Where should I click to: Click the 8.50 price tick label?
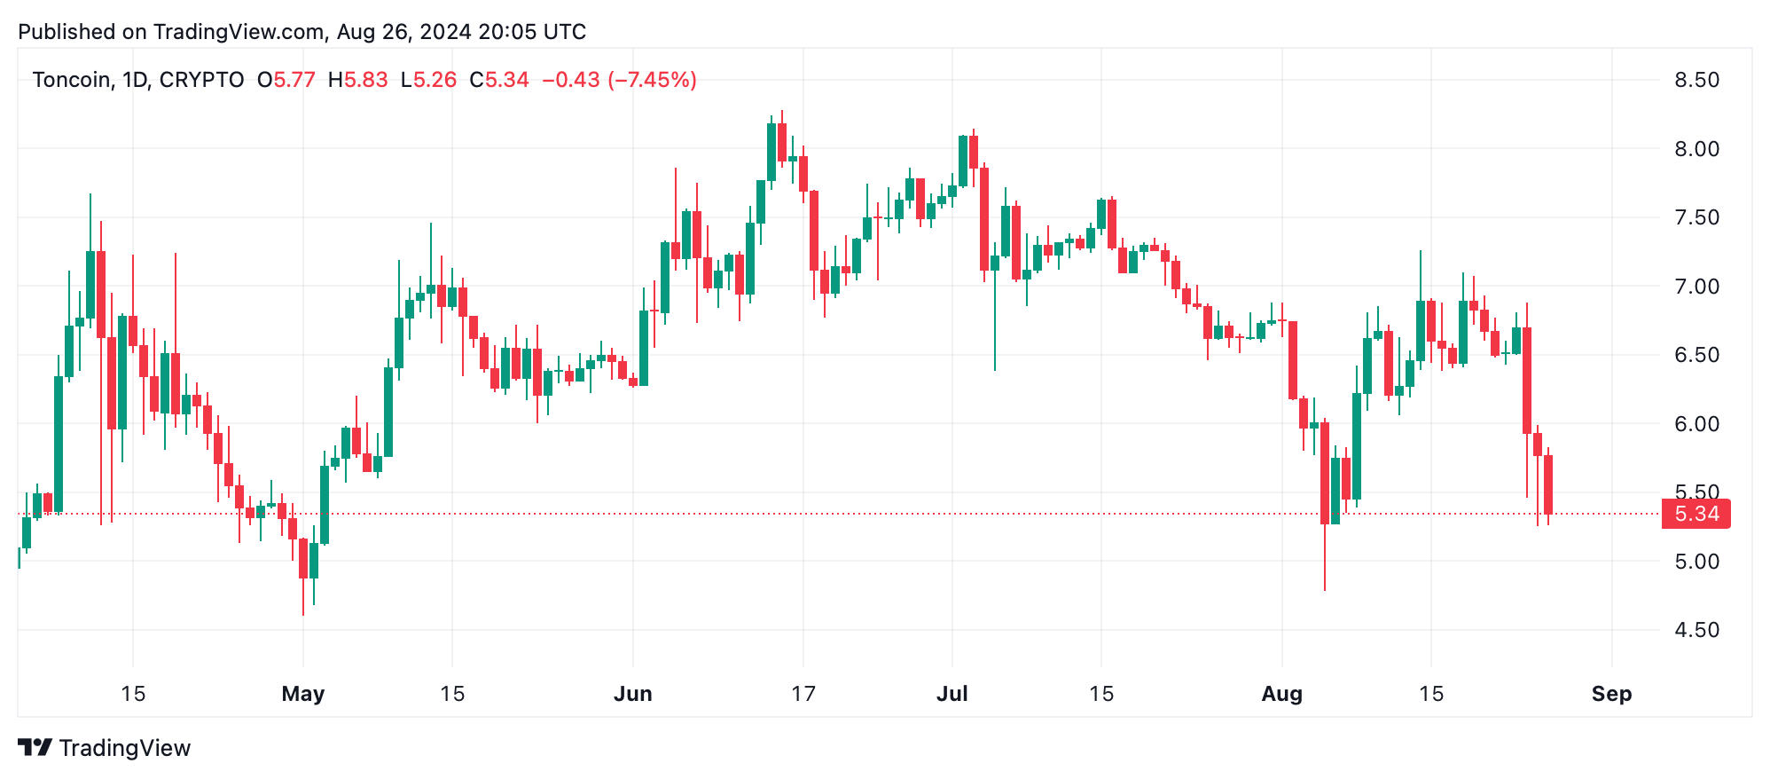tap(1696, 80)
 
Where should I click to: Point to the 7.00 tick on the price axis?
tap(1696, 287)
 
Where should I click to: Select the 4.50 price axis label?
tap(1696, 630)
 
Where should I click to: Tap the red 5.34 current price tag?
tap(1696, 514)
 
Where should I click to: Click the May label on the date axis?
tap(303, 694)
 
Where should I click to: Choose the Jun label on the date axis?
tap(633, 694)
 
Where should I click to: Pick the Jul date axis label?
tap(952, 694)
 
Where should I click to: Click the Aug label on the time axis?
tap(1282, 694)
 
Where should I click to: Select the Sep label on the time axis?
tap(1611, 694)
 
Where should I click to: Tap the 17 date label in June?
tap(803, 694)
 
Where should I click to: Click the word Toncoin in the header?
tap(71, 80)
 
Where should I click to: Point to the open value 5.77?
tap(294, 80)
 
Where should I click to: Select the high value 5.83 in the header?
tap(365, 80)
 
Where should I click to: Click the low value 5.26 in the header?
tap(435, 80)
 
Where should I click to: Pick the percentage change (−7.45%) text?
tap(652, 80)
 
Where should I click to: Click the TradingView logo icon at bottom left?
tap(35, 748)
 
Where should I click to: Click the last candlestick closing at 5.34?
tap(1548, 484)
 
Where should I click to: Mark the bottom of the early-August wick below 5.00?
tap(1325, 589)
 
